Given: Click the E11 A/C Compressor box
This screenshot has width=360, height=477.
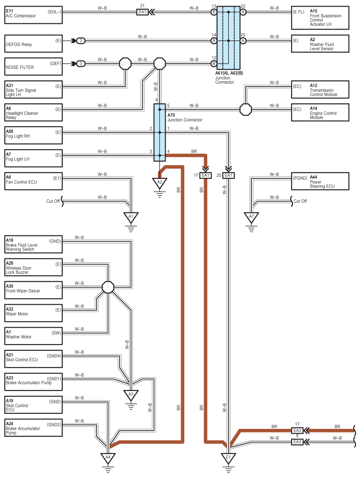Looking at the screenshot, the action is click(34, 15).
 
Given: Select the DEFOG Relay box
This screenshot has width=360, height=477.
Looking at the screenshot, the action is click(34, 43).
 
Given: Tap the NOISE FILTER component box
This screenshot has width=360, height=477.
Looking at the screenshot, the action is click(34, 66).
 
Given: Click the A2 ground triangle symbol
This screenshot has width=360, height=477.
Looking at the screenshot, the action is click(159, 183).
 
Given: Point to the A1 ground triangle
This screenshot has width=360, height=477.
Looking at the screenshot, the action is click(131, 217).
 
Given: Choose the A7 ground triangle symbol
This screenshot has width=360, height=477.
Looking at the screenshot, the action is click(251, 217).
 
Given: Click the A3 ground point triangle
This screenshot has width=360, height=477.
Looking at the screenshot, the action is click(131, 395).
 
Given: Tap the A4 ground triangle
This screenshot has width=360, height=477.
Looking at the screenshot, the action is click(108, 458).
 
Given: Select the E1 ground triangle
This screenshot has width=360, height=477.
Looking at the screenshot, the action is click(228, 458).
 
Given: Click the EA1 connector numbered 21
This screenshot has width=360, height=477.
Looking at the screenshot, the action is click(142, 12).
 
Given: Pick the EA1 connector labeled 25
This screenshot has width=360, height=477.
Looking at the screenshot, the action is click(228, 175).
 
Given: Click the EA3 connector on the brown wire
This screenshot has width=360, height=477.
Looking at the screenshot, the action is click(297, 431).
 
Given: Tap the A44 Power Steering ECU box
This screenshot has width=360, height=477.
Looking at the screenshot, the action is click(320, 182).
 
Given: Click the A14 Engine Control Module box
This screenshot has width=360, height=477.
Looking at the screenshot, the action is click(320, 113).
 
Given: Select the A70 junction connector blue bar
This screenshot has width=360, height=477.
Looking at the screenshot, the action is click(160, 132).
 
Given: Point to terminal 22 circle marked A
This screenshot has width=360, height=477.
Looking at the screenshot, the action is click(243, 12).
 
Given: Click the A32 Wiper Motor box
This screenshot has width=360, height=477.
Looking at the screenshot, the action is click(34, 313).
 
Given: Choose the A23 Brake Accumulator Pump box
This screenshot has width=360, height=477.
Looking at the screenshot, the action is click(34, 382).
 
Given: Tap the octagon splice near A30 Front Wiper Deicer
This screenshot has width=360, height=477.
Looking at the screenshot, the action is click(108, 287).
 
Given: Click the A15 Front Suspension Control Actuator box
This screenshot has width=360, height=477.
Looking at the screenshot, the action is click(320, 18).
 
